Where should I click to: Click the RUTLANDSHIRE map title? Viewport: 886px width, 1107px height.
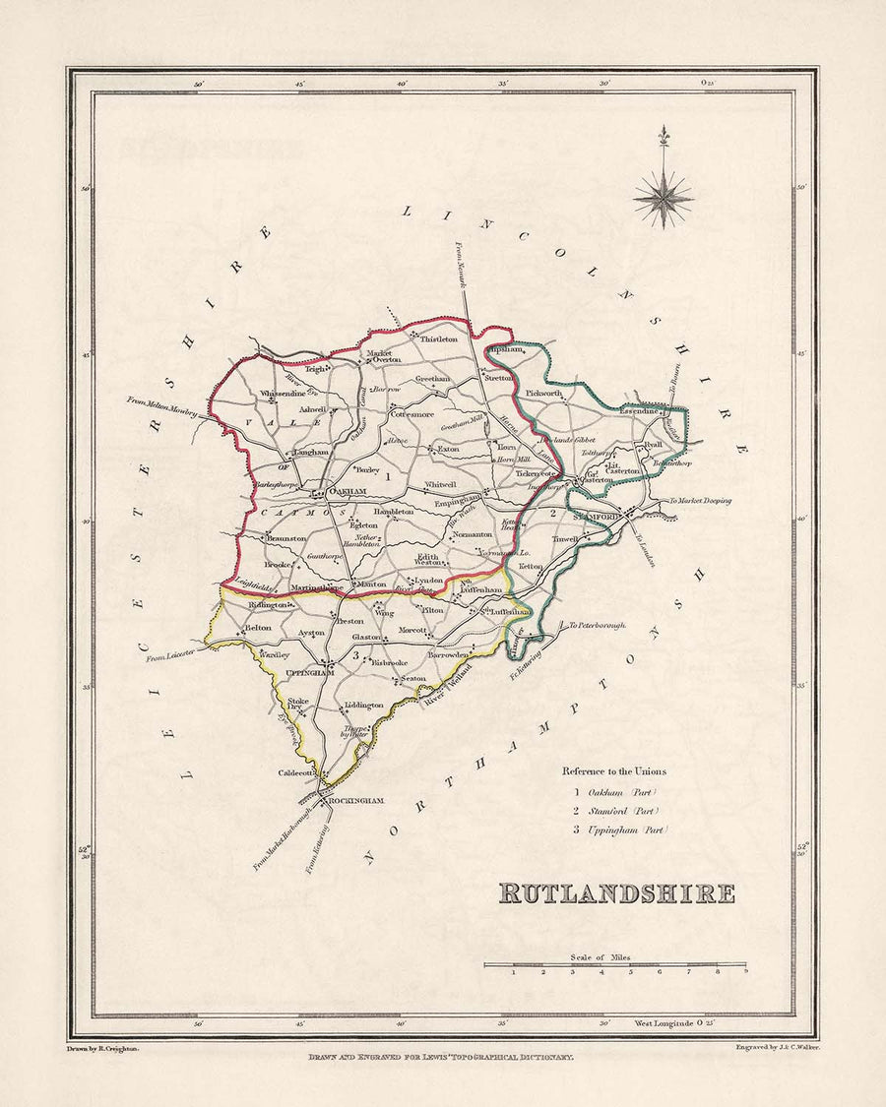pos(616,893)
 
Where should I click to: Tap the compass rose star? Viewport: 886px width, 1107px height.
pos(664,198)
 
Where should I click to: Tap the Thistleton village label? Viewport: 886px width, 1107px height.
pos(439,338)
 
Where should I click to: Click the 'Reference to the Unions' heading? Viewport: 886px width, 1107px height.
pos(613,770)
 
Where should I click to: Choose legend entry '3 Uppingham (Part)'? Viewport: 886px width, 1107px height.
pos(619,830)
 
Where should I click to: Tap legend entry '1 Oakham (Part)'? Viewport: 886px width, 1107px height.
pos(613,791)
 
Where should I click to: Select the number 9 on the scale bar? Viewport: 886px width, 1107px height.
pos(745,972)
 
